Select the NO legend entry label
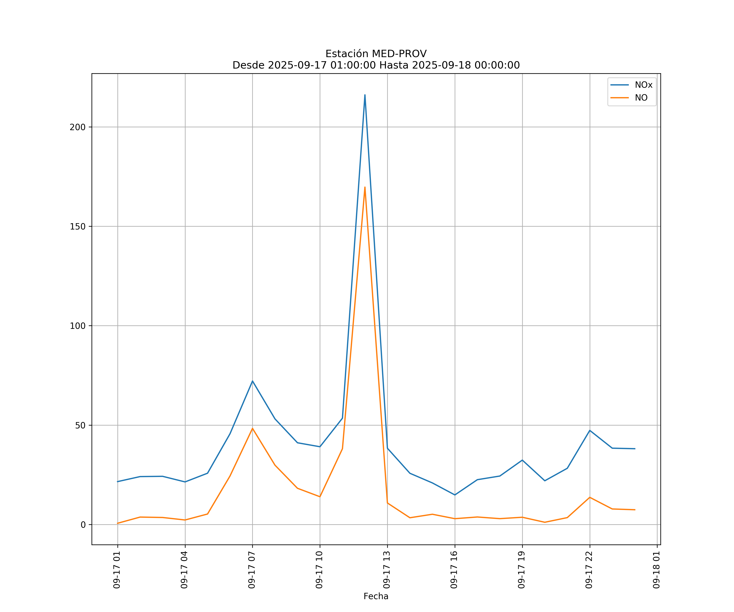[641, 98]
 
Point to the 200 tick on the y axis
[78, 127]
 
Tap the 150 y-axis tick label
[78, 226]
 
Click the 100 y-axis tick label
[78, 326]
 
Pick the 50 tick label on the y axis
[80, 425]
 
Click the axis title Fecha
[376, 596]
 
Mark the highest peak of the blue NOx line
[365, 95]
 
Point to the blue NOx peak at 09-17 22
[590, 430]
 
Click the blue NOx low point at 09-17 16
[455, 495]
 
